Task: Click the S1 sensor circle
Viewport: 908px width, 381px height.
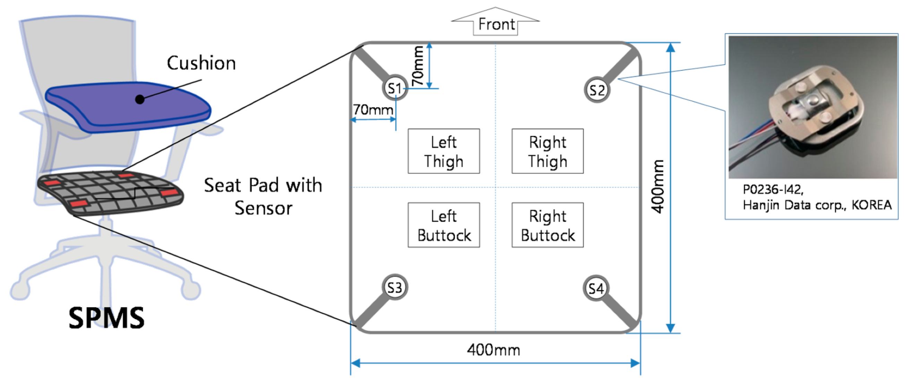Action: tap(395, 88)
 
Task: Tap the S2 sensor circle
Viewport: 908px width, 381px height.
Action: tap(597, 90)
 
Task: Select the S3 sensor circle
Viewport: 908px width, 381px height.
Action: tap(395, 288)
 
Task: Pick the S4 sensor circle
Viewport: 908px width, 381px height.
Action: tap(596, 289)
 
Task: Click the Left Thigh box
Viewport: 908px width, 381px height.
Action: tap(444, 151)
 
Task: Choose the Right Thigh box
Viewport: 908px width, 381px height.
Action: tap(547, 151)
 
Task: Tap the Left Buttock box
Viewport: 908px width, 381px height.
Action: tap(444, 225)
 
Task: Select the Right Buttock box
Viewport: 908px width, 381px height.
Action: tap(547, 225)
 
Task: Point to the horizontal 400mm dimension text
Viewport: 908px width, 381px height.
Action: tap(493, 350)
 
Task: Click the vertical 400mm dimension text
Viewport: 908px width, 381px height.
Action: tap(658, 186)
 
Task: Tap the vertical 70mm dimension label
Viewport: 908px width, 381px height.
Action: tap(418, 66)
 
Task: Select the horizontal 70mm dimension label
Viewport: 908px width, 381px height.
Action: tap(373, 110)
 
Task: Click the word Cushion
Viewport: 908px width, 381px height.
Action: tap(201, 63)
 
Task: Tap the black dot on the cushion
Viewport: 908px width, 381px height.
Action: tap(140, 100)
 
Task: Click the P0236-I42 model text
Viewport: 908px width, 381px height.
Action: tap(773, 190)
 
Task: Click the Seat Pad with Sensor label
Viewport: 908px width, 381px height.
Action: tap(263, 196)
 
